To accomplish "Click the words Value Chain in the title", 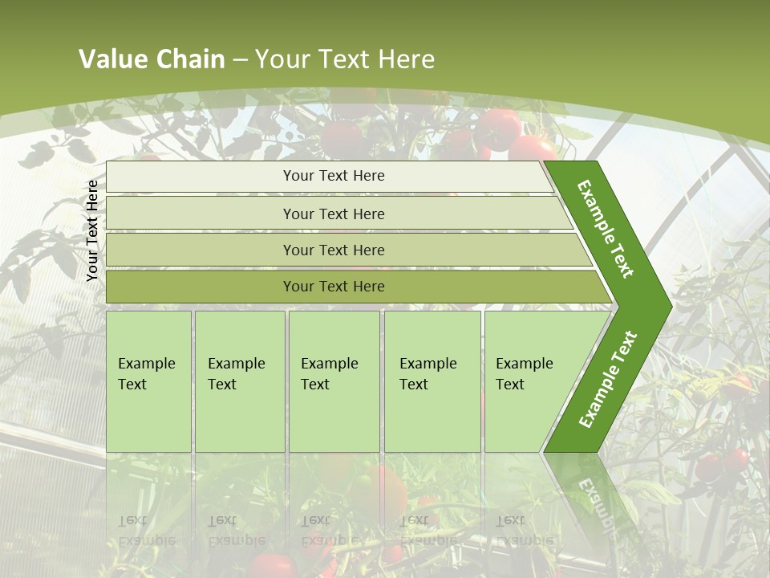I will pyautogui.click(x=152, y=59).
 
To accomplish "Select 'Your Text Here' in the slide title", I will pyautogui.click(x=345, y=59).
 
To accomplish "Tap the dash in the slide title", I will pyautogui.click(x=240, y=60).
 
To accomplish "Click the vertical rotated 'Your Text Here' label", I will pyautogui.click(x=93, y=231).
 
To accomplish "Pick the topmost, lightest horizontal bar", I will pyautogui.click(x=329, y=177).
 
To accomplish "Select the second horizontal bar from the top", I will pyautogui.click(x=337, y=214).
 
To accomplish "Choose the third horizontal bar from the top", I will pyautogui.click(x=345, y=250).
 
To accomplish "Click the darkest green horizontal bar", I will pyautogui.click(x=353, y=287).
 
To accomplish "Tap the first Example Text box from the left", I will pyautogui.click(x=148, y=381).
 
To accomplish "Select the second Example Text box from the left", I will pyautogui.click(x=239, y=381).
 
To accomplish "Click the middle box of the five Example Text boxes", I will pyautogui.click(x=334, y=381).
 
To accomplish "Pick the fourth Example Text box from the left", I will pyautogui.click(x=432, y=381).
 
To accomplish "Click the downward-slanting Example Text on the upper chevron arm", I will pyautogui.click(x=606, y=229).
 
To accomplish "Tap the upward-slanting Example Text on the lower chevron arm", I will pyautogui.click(x=608, y=379).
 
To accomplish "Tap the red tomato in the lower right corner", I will pyautogui.click(x=710, y=466).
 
